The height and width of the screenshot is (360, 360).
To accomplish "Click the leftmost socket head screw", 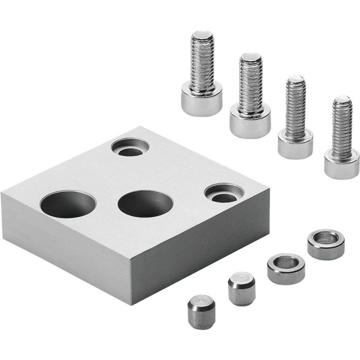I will click(x=202, y=77).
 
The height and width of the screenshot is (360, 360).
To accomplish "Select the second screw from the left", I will click(x=250, y=98).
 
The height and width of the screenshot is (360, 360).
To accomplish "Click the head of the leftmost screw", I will click(x=202, y=102).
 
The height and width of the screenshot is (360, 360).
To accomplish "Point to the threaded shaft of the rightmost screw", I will click(x=342, y=129).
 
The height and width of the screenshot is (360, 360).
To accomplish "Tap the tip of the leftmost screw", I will click(x=203, y=36).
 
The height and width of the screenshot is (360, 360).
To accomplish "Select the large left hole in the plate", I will click(x=68, y=204).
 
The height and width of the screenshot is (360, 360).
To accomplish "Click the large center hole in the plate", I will click(x=146, y=203).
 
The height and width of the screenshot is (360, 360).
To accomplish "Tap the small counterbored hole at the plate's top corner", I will click(x=130, y=148).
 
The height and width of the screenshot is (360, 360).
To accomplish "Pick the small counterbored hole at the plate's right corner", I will click(x=224, y=193).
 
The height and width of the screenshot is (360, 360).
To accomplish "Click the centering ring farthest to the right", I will click(x=326, y=244).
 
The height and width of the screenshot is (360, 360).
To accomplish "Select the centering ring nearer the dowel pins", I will click(x=286, y=268).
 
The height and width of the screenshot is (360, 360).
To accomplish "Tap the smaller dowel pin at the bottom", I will click(x=201, y=311).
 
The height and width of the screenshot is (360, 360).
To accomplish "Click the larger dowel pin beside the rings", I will click(x=241, y=289).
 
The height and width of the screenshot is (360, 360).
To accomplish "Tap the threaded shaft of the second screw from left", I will click(x=250, y=82).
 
